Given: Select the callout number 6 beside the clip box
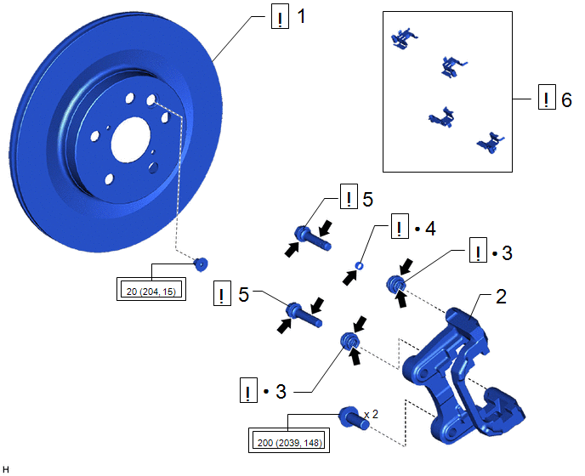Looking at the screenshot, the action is (x=566, y=100).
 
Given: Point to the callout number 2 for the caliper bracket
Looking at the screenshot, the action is (x=501, y=296).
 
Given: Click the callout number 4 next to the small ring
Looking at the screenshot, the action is (x=430, y=228).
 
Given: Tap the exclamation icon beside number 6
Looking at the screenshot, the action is (x=547, y=97).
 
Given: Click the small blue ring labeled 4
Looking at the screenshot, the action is (x=360, y=265).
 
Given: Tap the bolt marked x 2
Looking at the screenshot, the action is (x=354, y=418).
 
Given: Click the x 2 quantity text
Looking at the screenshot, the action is (x=371, y=415).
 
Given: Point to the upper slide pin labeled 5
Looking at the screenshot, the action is (x=313, y=238).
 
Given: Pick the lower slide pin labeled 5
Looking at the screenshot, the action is (x=304, y=314).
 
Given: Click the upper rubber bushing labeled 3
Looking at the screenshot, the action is (x=395, y=284).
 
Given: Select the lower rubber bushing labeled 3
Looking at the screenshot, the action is (x=350, y=341).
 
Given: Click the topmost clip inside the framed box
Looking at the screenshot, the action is (x=404, y=38).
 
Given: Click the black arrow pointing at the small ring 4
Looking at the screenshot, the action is (x=350, y=278).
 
